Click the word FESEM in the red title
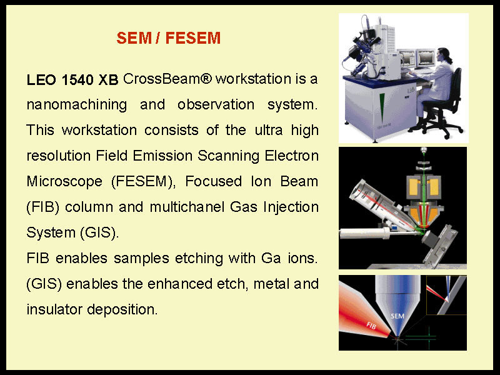193,38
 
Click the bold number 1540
77,80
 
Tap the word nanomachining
77,105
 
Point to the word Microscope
64,182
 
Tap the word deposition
122,310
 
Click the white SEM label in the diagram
397,316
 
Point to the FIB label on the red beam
371,326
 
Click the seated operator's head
444,55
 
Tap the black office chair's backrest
456,84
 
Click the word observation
216,104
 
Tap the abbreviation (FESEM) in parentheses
144,182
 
